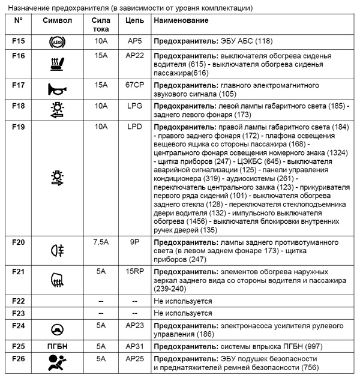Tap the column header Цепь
pos(134,20)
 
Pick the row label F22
pos(19,301)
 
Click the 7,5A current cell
pos(101,242)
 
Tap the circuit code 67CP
pos(134,85)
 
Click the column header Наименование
pos(181,20)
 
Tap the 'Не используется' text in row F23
pos(183,313)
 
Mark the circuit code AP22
pos(134,56)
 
